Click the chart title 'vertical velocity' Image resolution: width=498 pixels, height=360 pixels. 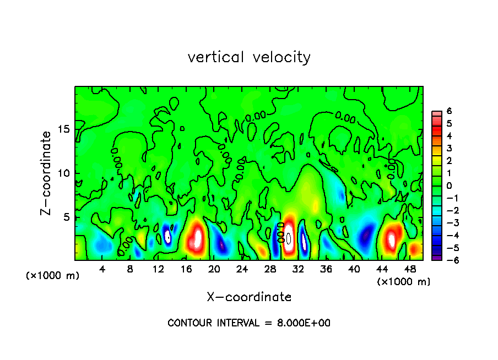249,57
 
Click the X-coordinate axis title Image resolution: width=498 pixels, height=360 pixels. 249,297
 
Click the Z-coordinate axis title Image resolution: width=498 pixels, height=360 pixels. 46,173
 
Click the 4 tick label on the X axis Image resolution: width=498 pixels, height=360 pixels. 102,269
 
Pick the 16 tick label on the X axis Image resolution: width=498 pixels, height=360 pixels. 186,269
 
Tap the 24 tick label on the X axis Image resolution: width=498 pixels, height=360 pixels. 242,269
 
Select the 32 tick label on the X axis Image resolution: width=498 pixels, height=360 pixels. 298,269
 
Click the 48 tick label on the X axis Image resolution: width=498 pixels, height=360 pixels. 410,269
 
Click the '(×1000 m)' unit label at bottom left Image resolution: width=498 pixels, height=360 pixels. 52,275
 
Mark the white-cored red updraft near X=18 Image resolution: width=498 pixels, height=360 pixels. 197,238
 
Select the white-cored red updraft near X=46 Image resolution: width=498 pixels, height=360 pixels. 392,239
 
